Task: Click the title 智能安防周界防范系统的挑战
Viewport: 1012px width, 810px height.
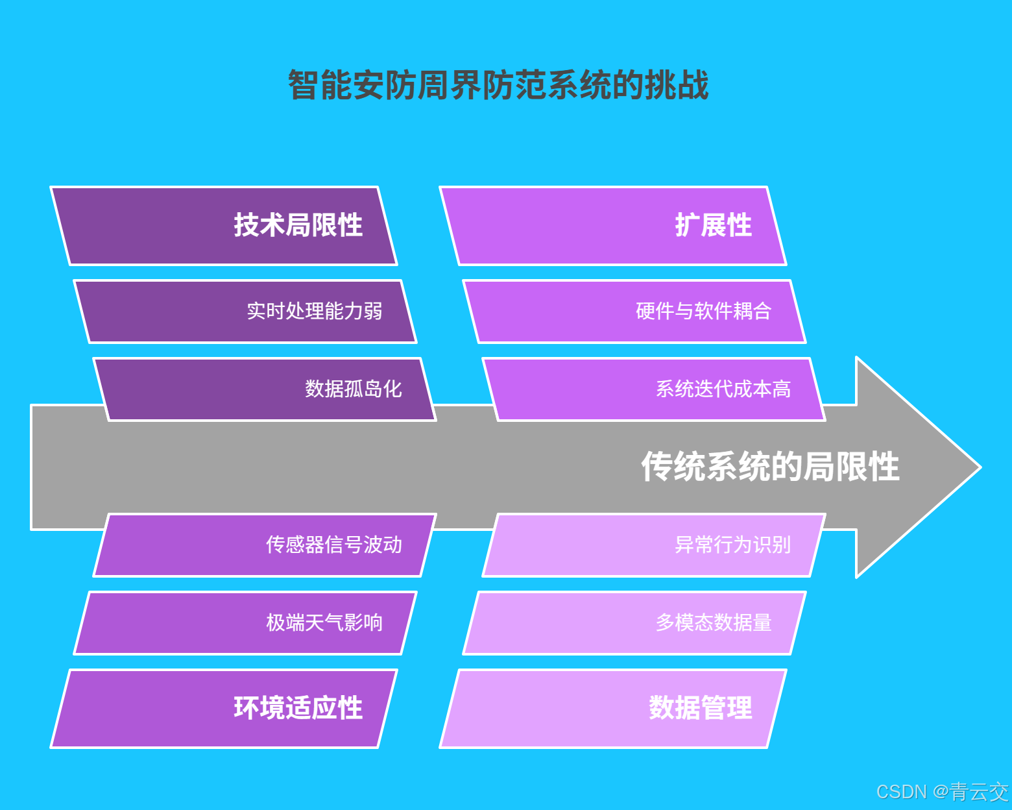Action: (x=498, y=85)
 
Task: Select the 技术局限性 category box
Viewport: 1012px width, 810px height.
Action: (x=224, y=226)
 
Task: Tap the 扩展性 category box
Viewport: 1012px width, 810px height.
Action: (x=613, y=226)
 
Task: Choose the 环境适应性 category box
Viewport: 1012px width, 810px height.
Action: (x=224, y=708)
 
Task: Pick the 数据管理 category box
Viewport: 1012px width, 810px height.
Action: (x=613, y=708)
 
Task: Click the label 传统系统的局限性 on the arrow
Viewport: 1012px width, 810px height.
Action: (x=770, y=467)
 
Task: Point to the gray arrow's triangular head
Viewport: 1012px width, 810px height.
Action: (x=915, y=467)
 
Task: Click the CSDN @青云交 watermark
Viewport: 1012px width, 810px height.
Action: (x=942, y=792)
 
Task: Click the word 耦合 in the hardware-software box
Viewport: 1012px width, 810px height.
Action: (x=753, y=312)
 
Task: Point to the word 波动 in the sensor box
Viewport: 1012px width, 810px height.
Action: (x=383, y=545)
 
